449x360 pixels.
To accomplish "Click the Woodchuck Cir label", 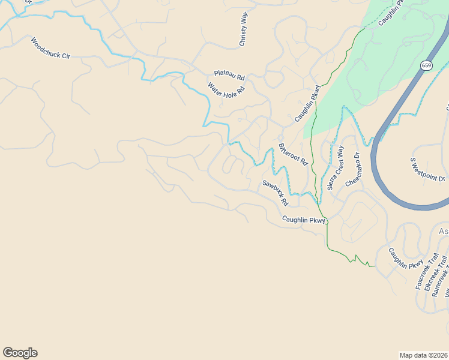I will pyautogui.click(x=50, y=49).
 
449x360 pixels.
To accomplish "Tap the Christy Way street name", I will pyautogui.click(x=243, y=29).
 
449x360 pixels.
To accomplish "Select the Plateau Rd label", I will pyautogui.click(x=229, y=76).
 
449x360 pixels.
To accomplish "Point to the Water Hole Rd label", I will pyautogui.click(x=226, y=90).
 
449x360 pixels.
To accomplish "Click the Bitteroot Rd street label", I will pyautogui.click(x=293, y=154).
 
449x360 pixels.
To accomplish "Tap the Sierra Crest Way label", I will pyautogui.click(x=336, y=168).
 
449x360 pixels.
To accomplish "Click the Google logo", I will pyautogui.click(x=20, y=353).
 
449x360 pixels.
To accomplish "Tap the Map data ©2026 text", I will pyautogui.click(x=424, y=355).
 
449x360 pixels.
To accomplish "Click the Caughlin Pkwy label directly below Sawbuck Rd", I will pyautogui.click(x=304, y=220).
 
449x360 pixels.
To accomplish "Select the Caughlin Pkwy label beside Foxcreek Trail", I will pyautogui.click(x=405, y=259).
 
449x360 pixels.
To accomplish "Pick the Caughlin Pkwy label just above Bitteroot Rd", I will pyautogui.click(x=309, y=103).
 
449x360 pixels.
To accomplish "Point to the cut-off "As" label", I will pyautogui.click(x=444, y=232).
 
